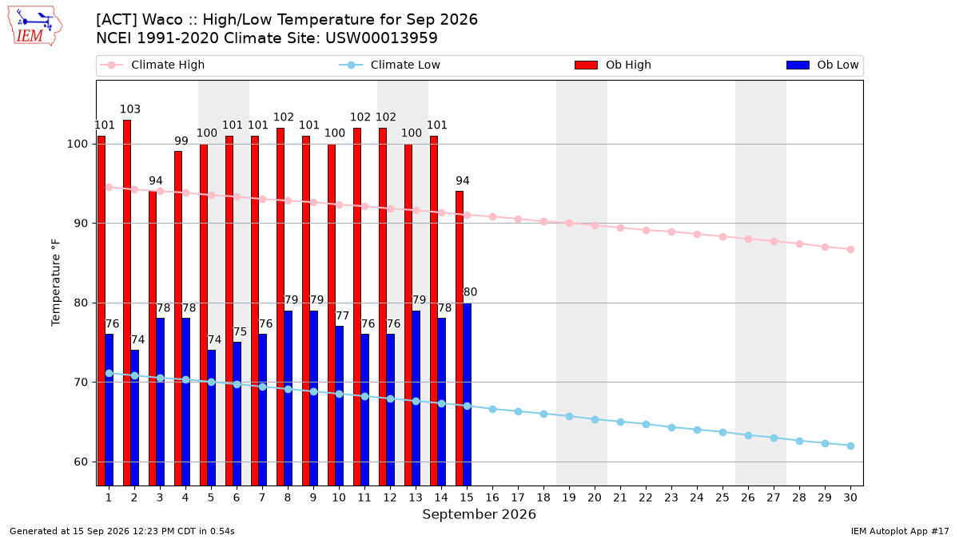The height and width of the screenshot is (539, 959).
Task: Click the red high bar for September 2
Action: (x=127, y=303)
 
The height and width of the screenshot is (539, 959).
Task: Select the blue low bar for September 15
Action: (x=467, y=394)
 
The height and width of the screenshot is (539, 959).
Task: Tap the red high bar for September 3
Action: (x=153, y=339)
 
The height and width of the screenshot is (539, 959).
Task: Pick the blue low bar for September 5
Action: (x=212, y=418)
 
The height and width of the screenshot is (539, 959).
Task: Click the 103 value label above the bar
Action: (x=130, y=109)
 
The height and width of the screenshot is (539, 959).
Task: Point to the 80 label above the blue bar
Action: (x=470, y=292)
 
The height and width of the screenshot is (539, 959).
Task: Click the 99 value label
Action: (x=181, y=141)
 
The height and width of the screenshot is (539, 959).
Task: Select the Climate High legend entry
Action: (x=153, y=65)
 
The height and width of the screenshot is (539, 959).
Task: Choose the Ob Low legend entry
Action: (x=822, y=65)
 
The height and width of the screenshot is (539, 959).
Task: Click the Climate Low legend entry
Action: (x=390, y=65)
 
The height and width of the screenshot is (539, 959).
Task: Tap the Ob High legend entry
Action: (x=613, y=65)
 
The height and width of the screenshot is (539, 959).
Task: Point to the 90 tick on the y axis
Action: (x=80, y=224)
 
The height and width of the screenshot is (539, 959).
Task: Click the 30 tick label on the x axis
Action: (x=850, y=497)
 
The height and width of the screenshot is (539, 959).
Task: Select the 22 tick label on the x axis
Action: (x=646, y=497)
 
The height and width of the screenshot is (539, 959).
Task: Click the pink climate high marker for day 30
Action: (x=850, y=249)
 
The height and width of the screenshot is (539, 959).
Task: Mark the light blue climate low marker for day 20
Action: (x=595, y=420)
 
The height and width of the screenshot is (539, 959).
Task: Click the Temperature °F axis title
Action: (x=56, y=283)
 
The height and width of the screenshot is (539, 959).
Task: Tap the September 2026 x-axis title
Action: (x=479, y=514)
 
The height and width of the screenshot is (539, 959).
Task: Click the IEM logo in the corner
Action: (x=35, y=26)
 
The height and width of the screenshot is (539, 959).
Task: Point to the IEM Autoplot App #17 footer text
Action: (x=900, y=531)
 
